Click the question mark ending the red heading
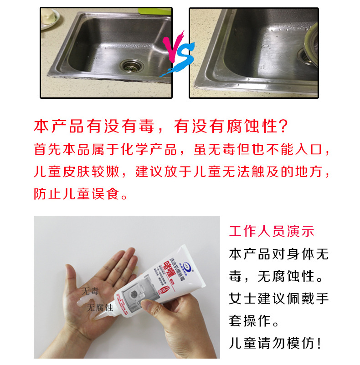[x=283, y=127]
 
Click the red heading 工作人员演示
[x=272, y=231]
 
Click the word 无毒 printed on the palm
[x=90, y=291]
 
